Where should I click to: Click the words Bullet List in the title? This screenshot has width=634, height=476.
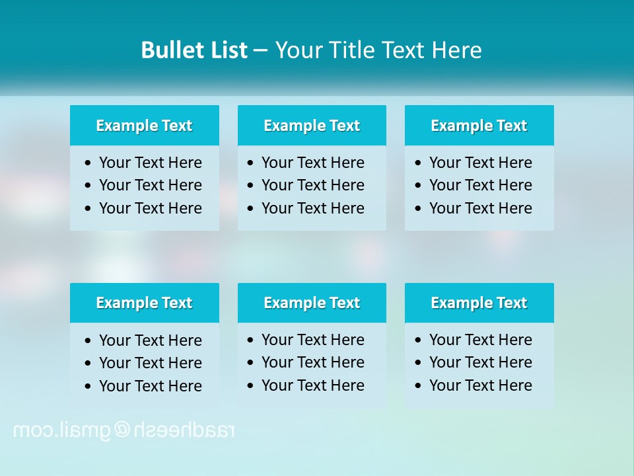194,50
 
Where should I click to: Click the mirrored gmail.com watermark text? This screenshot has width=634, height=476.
123,430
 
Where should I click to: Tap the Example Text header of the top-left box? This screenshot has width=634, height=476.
144,126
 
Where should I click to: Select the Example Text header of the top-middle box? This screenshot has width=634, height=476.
312,126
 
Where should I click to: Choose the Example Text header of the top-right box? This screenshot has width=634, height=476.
479,126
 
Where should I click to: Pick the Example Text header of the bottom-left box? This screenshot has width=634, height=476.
144,303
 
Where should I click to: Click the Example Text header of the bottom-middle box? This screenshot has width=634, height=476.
312,303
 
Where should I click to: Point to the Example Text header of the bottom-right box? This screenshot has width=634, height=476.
479,303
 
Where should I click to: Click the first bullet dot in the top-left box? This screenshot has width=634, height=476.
88,163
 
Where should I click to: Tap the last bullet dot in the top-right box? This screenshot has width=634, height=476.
418,208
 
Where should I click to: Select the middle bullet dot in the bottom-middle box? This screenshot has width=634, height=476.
250,363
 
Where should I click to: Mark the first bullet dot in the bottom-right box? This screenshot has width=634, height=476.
418,340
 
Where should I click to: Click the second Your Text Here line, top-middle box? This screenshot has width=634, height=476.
312,185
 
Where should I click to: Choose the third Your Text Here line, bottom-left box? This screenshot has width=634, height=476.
150,386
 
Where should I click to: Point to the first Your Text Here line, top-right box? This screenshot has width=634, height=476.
480,163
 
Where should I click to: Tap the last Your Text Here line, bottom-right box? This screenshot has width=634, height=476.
480,385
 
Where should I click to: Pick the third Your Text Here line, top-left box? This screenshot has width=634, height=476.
150,208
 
